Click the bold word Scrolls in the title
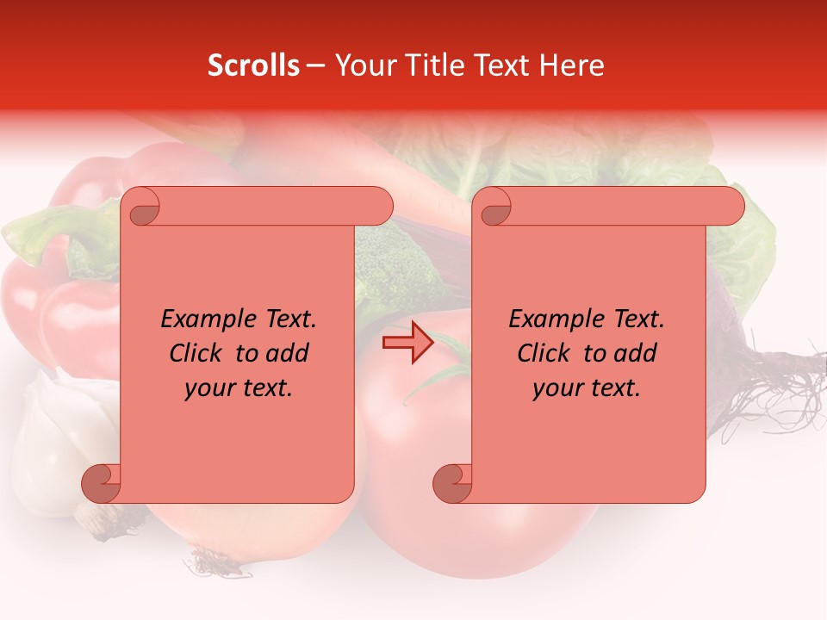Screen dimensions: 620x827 click(253, 65)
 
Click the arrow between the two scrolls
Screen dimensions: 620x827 click(408, 344)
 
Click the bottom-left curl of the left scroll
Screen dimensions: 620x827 click(101, 483)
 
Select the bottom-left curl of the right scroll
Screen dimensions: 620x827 click(452, 483)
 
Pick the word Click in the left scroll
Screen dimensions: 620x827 click(198, 353)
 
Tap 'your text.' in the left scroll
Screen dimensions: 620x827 click(238, 388)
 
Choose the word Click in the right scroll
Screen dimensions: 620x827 click(546, 353)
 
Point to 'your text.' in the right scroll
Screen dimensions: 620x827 click(586, 388)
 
